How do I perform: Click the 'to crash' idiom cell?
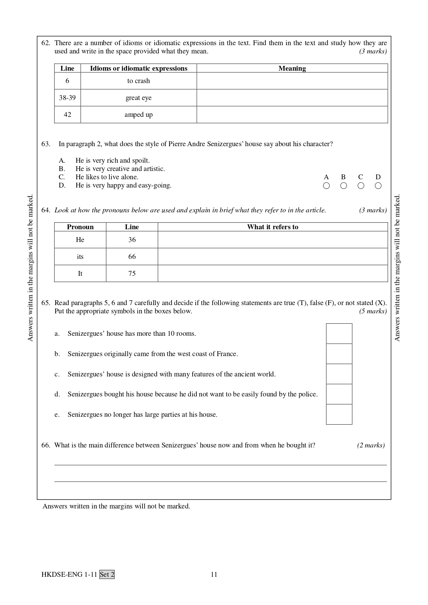[138, 81]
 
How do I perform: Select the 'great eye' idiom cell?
[138, 98]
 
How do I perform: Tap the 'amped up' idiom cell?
[138, 115]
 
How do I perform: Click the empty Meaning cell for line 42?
[292, 115]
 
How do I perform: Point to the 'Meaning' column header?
[292, 68]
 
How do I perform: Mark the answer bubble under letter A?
[326, 186]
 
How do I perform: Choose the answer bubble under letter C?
[361, 186]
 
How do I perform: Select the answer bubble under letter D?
[378, 186]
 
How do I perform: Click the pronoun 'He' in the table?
[80, 240]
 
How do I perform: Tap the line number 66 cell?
[132, 256]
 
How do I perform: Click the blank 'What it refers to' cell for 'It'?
[273, 273]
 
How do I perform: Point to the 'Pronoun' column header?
[80, 227]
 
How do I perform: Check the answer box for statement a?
[339, 334]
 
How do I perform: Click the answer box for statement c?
[339, 374]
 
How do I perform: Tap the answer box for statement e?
[339, 414]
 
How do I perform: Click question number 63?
[46, 144]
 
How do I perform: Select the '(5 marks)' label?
[373, 311]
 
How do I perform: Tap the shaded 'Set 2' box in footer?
[107, 574]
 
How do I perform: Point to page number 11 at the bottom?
[214, 574]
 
